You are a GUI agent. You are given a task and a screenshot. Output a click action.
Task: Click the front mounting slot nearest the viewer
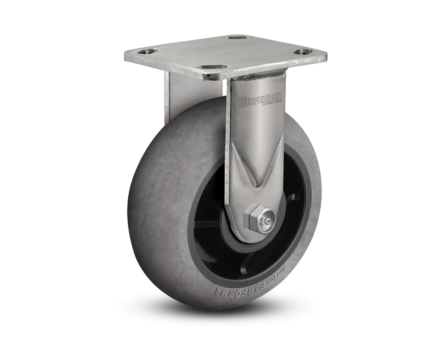pyautogui.click(x=212, y=71)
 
